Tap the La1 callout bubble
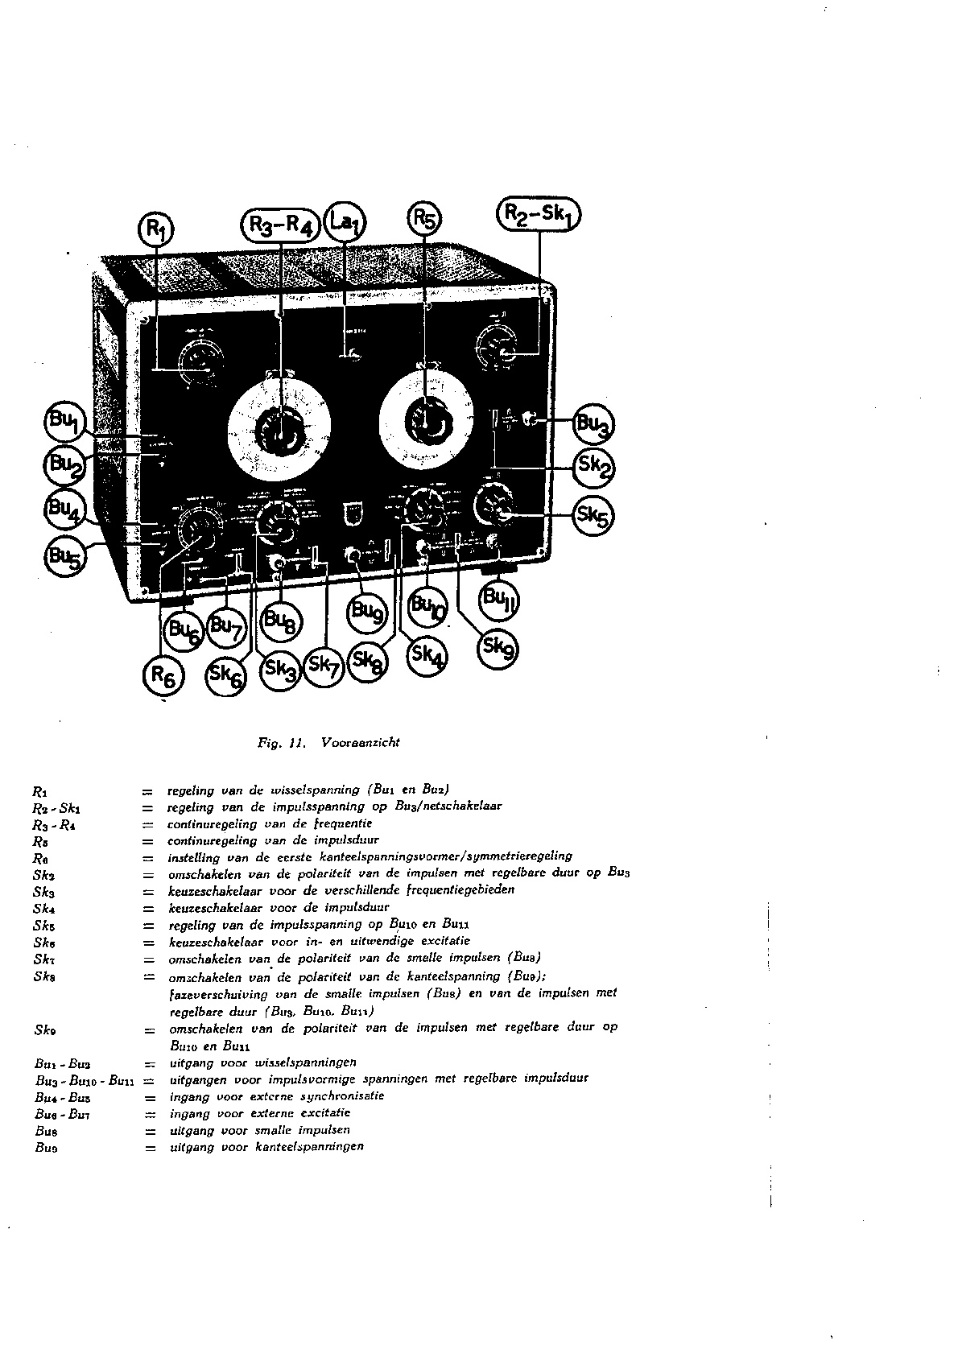pos(347,223)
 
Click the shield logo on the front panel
pos(349,513)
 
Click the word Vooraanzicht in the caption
pos(360,743)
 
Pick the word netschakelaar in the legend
pos(459,806)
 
